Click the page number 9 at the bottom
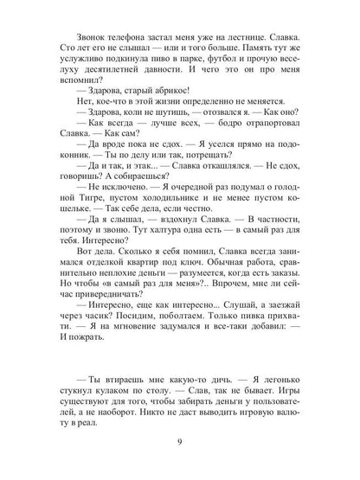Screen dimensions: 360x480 tap(179, 444)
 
